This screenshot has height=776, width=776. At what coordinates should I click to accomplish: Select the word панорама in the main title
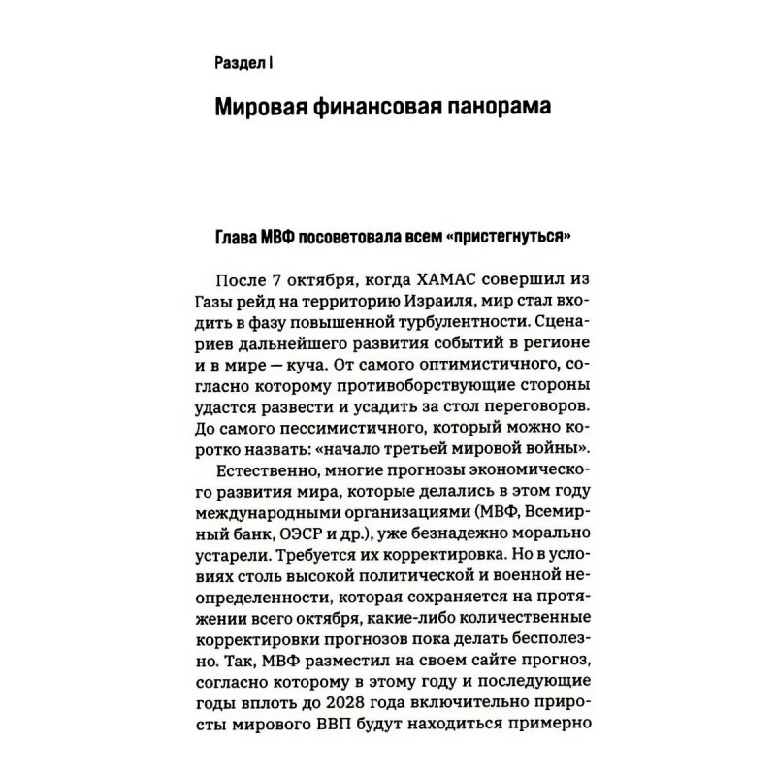pyautogui.click(x=502, y=107)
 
